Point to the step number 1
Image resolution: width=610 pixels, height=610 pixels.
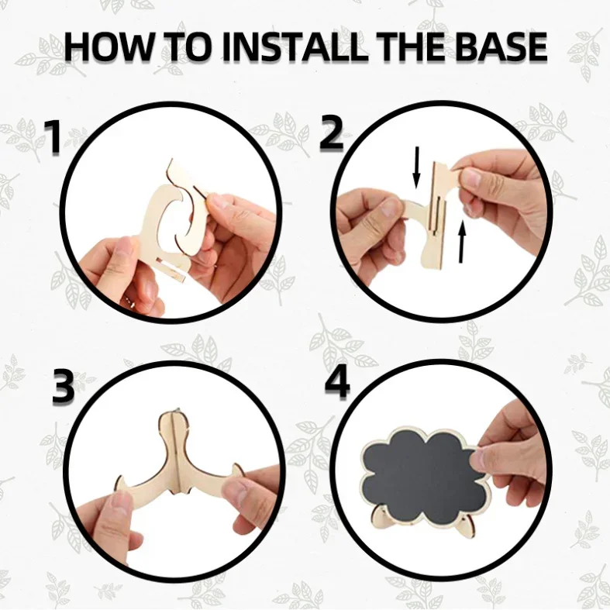(x=53, y=136)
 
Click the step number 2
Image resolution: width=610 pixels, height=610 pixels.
(x=332, y=133)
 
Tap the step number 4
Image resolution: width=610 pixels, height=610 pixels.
(x=337, y=382)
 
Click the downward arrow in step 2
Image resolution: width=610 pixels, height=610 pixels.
(x=416, y=167)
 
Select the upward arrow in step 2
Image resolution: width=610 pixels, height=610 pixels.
(x=462, y=241)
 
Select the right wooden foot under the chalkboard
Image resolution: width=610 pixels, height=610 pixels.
(x=466, y=528)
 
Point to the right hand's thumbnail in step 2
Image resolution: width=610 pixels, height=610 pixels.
(x=469, y=177)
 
